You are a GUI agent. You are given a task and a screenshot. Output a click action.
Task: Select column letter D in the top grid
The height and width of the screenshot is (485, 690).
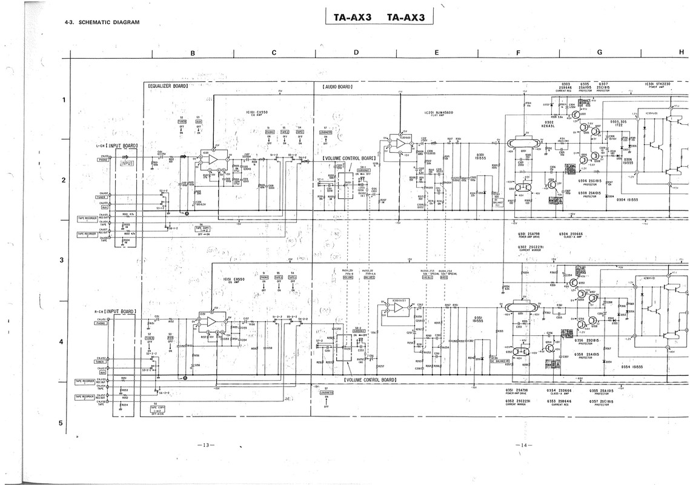click(x=356, y=52)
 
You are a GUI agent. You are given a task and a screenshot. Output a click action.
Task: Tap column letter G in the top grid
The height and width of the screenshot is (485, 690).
click(x=599, y=52)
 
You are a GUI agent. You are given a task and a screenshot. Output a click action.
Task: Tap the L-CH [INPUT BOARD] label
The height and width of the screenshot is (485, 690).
click(x=117, y=146)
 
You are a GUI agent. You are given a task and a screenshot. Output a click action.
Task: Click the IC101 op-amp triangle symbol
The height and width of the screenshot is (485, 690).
click(x=212, y=159)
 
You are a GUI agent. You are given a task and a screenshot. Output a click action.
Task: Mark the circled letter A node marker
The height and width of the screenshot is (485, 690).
click(x=187, y=213)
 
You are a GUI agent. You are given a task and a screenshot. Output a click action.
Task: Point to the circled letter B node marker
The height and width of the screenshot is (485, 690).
click(x=185, y=377)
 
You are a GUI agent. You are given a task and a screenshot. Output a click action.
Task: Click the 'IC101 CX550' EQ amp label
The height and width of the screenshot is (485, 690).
click(x=257, y=113)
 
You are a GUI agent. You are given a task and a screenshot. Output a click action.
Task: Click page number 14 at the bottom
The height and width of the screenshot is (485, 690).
click(x=523, y=446)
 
